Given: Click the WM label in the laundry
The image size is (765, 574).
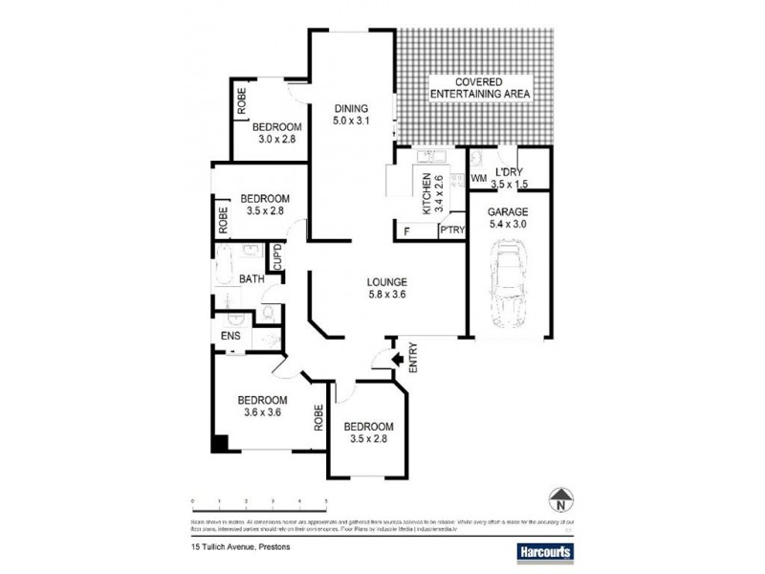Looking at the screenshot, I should click(x=479, y=178).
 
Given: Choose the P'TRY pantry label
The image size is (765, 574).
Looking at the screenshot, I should click(x=450, y=231).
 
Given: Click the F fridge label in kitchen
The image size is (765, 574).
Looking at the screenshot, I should click(x=406, y=231).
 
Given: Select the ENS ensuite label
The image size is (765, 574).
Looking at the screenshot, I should click(x=230, y=336).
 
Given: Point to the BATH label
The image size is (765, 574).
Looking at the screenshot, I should click(x=251, y=279).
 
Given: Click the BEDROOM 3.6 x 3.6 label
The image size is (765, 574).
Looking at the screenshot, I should click(x=263, y=406).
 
